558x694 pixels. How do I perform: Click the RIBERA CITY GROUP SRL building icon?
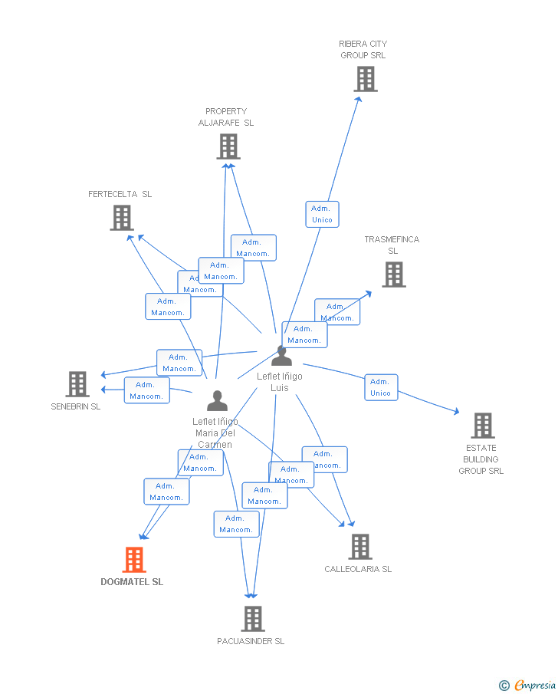pyautogui.click(x=366, y=79)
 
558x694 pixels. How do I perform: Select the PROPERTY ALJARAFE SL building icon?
pyautogui.click(x=228, y=146)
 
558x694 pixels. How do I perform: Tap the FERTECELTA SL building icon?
pyautogui.click(x=122, y=218)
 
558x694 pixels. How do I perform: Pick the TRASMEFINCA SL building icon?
pyautogui.click(x=393, y=275)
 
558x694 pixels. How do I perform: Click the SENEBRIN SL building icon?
pyautogui.click(x=77, y=384)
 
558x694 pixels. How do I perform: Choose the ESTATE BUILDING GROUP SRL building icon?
pyautogui.click(x=482, y=426)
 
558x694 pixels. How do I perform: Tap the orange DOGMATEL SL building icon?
pyautogui.click(x=134, y=560)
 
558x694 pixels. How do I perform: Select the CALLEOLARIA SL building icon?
pyautogui.click(x=359, y=547)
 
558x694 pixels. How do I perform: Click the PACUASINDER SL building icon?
pyautogui.click(x=252, y=619)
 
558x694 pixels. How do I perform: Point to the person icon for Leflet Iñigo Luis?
pyautogui.click(x=281, y=356)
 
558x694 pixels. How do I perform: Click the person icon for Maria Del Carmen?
pyautogui.click(x=217, y=401)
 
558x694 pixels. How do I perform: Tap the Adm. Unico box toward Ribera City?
pyautogui.click(x=322, y=214)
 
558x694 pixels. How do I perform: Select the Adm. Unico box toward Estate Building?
pyautogui.click(x=380, y=387)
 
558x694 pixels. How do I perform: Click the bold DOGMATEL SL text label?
pyautogui.click(x=132, y=582)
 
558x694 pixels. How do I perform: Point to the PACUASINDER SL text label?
pyautogui.click(x=251, y=641)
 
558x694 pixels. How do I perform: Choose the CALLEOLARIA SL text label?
pyautogui.click(x=358, y=569)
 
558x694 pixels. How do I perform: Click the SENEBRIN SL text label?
pyautogui.click(x=76, y=406)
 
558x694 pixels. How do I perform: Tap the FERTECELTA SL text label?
pyautogui.click(x=120, y=194)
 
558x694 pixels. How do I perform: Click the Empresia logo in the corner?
pyautogui.click(x=535, y=685)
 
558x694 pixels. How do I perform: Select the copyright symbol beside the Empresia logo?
pyautogui.click(x=504, y=685)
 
